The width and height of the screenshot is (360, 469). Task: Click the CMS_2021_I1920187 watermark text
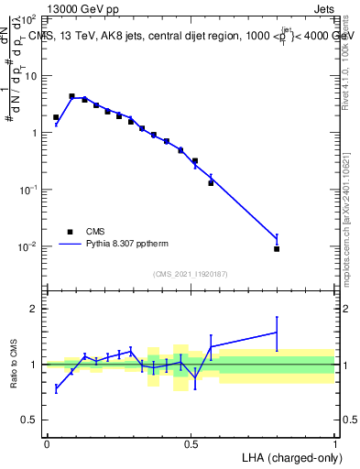click(191, 274)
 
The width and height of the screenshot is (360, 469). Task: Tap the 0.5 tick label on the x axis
click(191, 443)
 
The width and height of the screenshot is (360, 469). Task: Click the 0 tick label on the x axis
click(47, 443)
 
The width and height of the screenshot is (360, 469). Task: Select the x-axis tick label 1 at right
click(335, 443)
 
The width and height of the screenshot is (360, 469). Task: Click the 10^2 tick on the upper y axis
click(27, 18)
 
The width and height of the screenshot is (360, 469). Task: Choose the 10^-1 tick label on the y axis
click(27, 190)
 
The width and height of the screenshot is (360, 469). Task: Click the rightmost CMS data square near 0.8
click(277, 248)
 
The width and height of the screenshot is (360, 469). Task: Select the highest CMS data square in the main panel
click(71, 95)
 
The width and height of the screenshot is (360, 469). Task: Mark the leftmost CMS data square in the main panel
click(56, 117)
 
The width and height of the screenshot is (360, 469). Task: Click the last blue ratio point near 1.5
click(277, 333)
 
